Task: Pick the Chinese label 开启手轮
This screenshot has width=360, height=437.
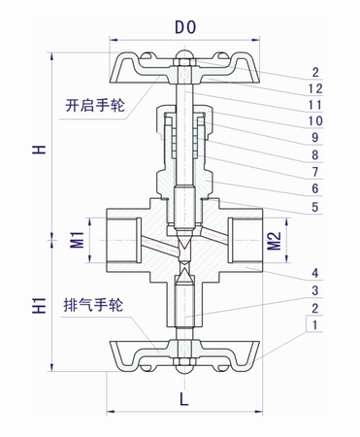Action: point(95,103)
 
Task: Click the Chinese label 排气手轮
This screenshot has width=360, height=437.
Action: point(94,301)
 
